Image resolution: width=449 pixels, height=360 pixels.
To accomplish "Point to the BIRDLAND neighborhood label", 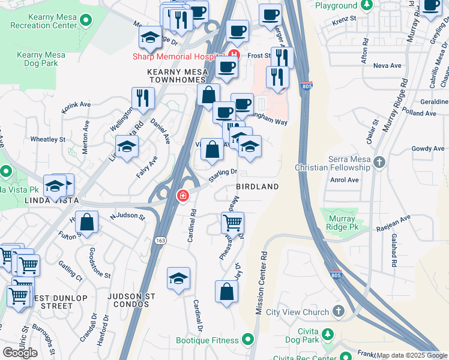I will point(257,187).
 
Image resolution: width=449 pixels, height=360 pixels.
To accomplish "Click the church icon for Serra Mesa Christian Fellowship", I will point(379,162).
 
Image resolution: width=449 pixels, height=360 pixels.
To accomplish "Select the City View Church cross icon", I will point(339,311).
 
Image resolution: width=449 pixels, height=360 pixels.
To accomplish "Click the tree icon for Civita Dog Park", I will point(328,334).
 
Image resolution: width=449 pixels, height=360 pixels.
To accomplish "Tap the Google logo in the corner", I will point(20,353).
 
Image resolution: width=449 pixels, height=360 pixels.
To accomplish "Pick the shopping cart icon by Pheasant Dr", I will point(232,223).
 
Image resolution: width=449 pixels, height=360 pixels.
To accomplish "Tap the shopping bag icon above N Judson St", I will point(87,221).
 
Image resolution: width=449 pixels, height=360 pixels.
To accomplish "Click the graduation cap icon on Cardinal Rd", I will point(178,278).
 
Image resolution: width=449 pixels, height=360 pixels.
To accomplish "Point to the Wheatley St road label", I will point(47,139).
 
